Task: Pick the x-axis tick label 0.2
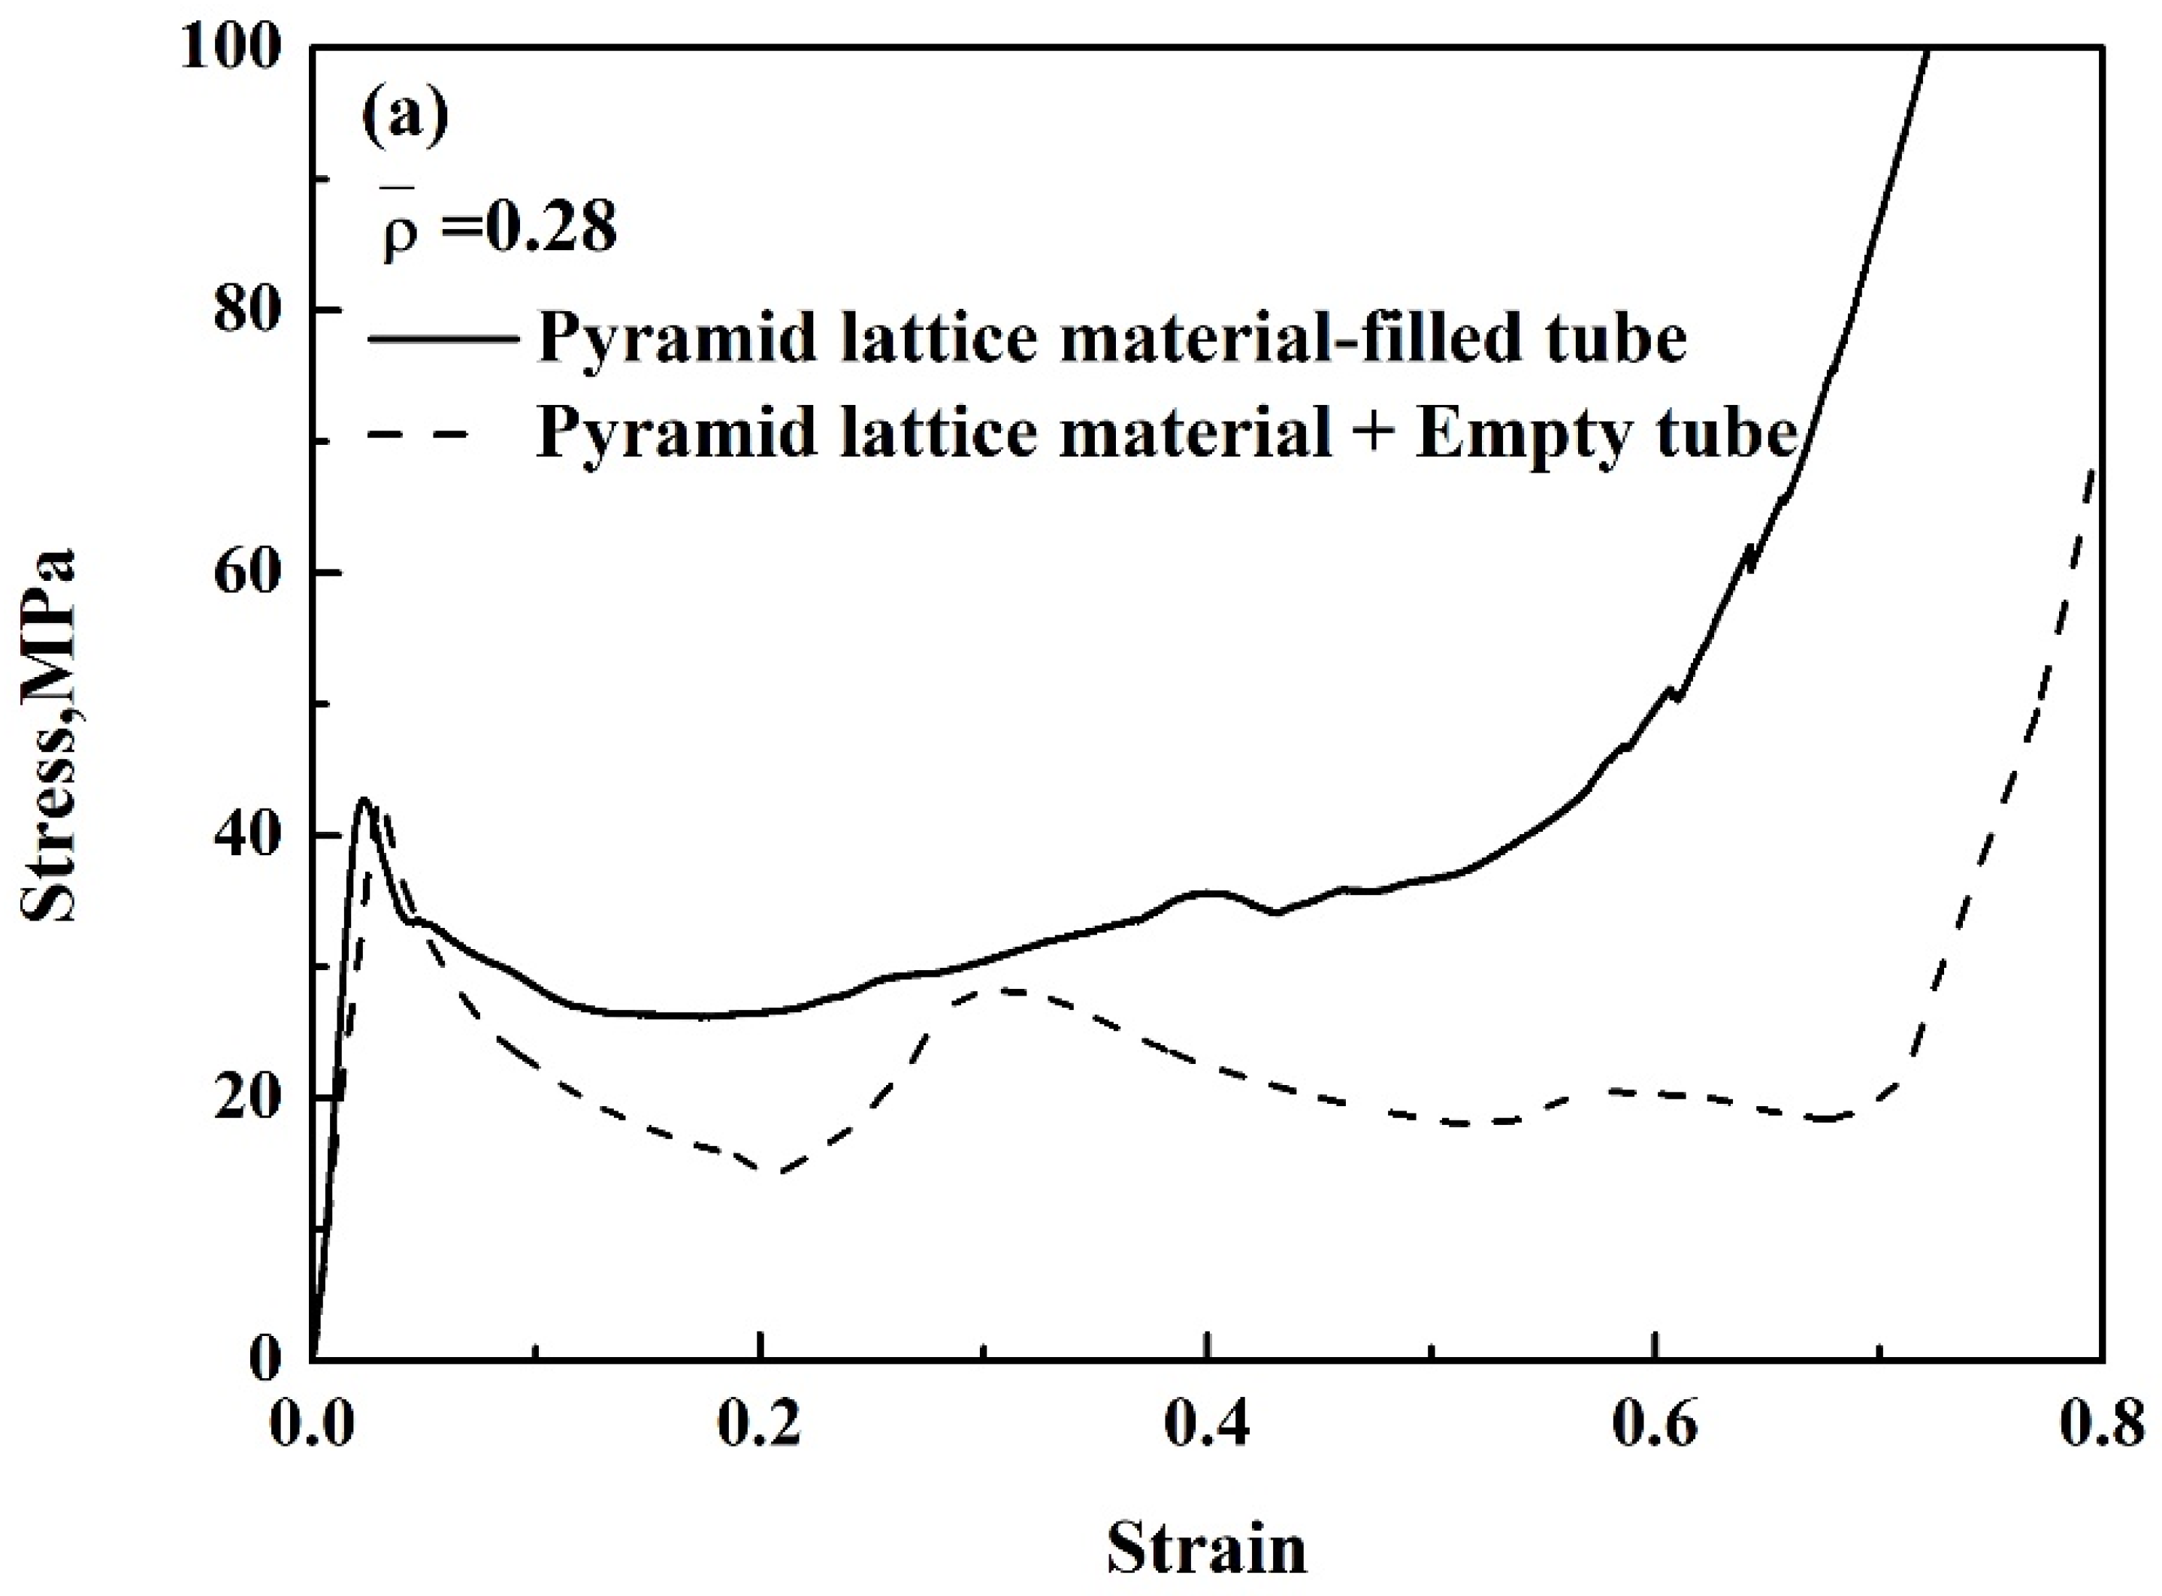[761, 1428]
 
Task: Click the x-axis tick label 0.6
[1655, 1428]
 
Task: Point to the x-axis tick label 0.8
[2102, 1428]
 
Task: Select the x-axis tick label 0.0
[312, 1428]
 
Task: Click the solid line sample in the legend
[443, 338]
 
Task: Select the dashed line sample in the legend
[420, 434]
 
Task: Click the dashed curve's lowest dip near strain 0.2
[778, 1173]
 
